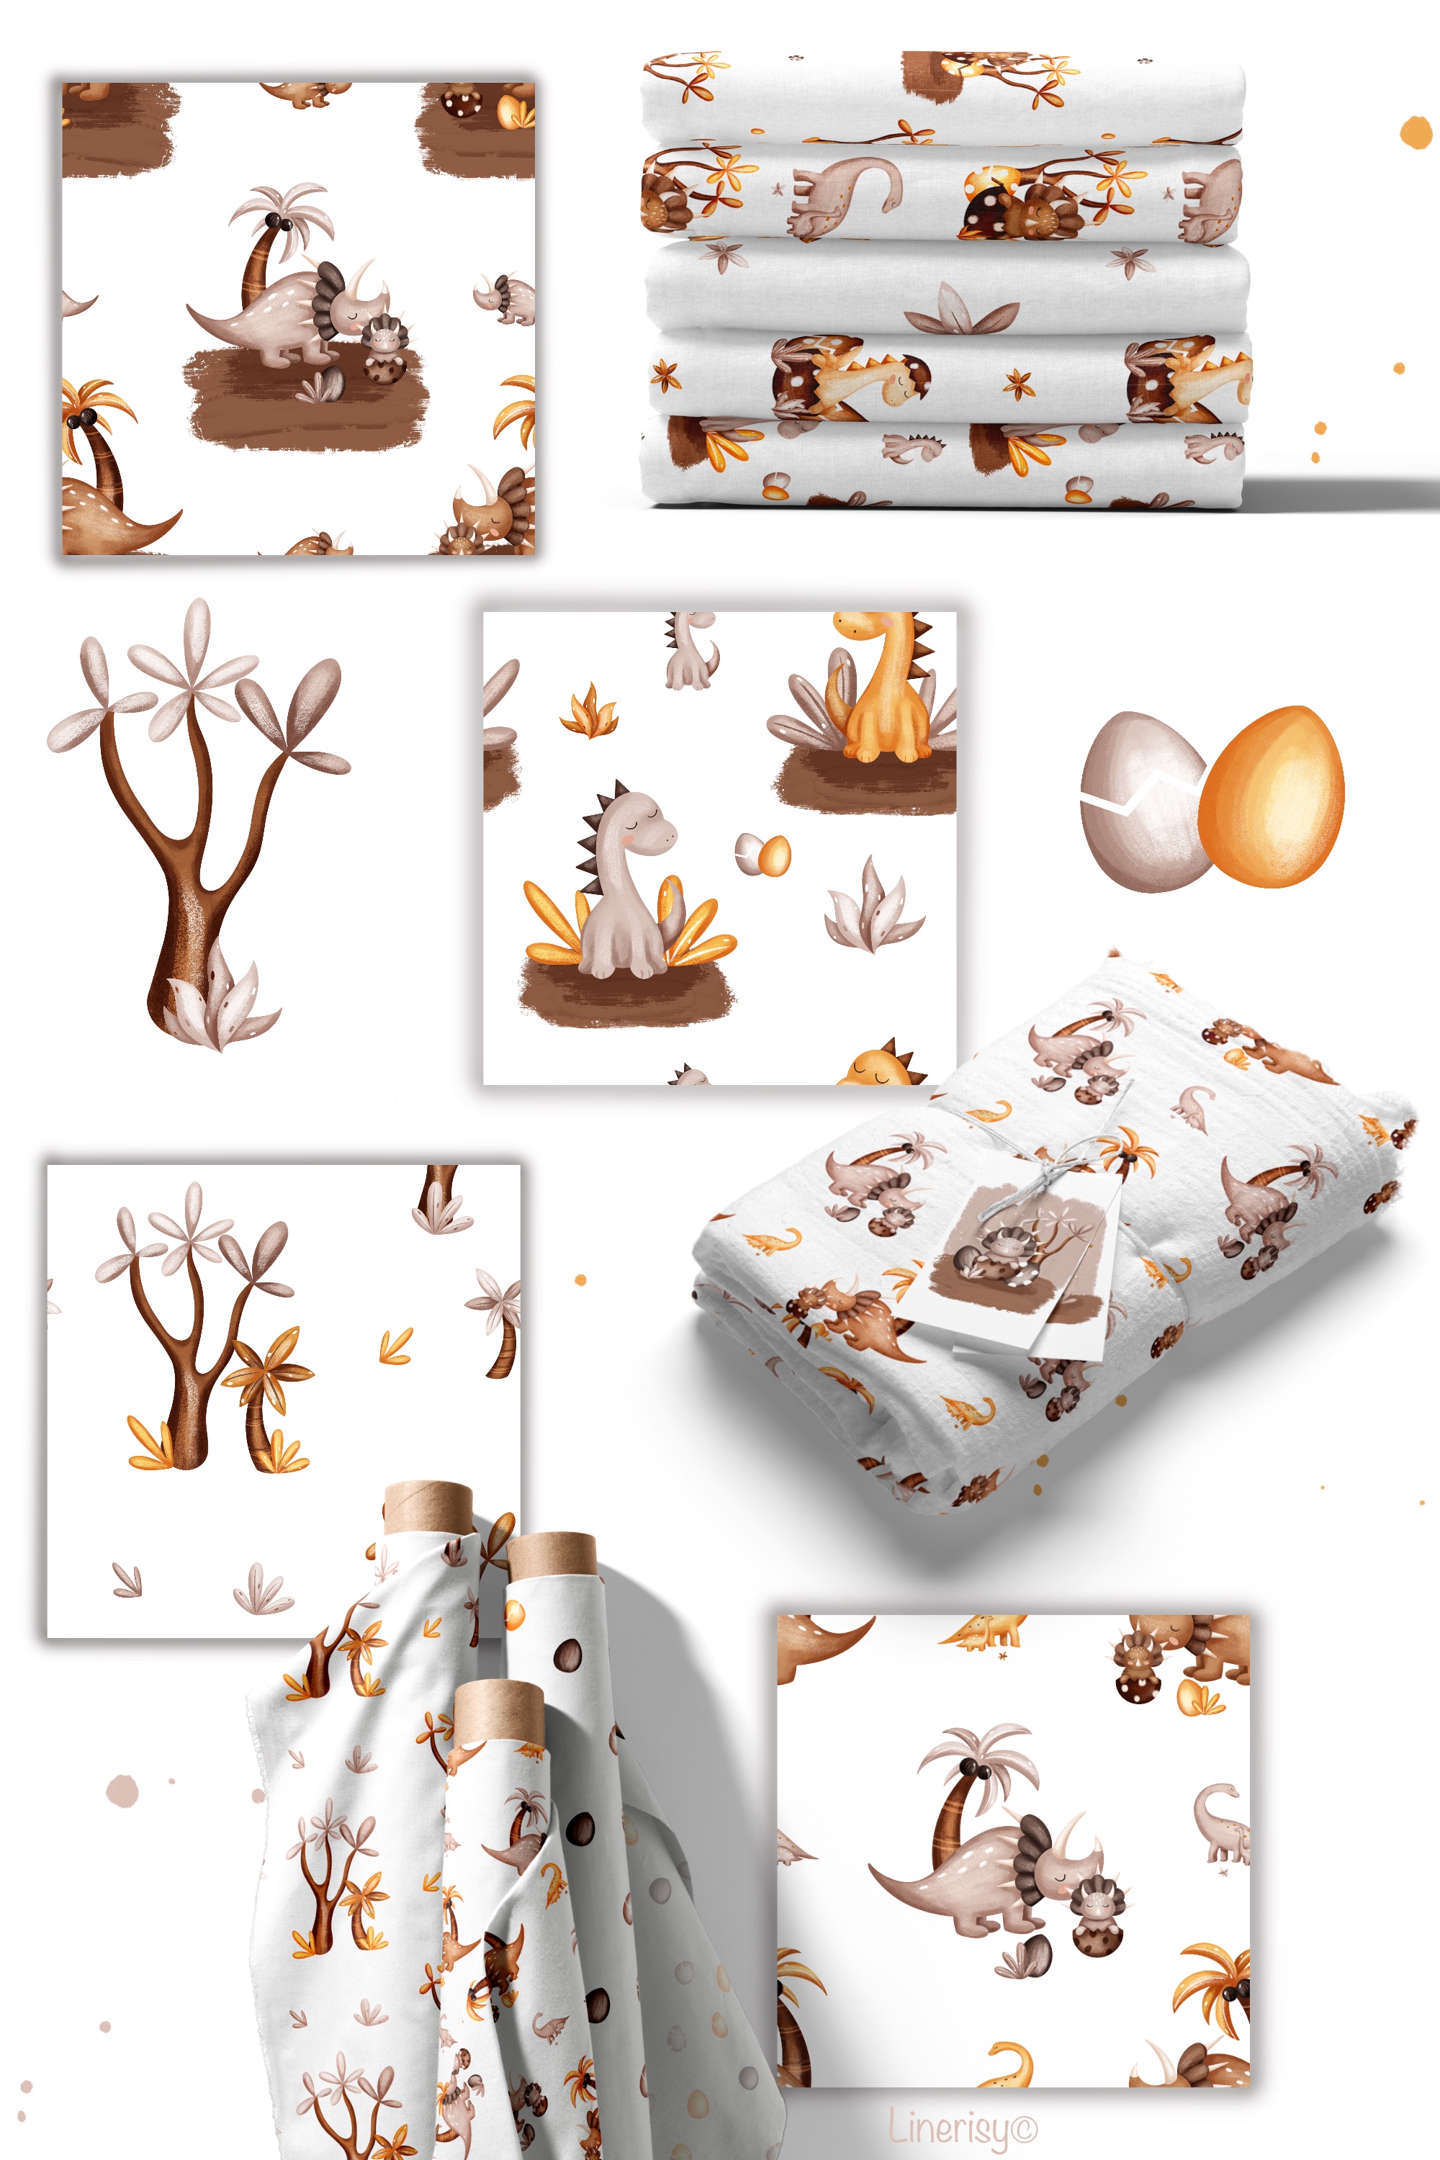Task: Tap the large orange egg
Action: tap(1272, 796)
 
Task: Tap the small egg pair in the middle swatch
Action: tap(762, 854)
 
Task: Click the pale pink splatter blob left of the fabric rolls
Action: tap(122, 1791)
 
